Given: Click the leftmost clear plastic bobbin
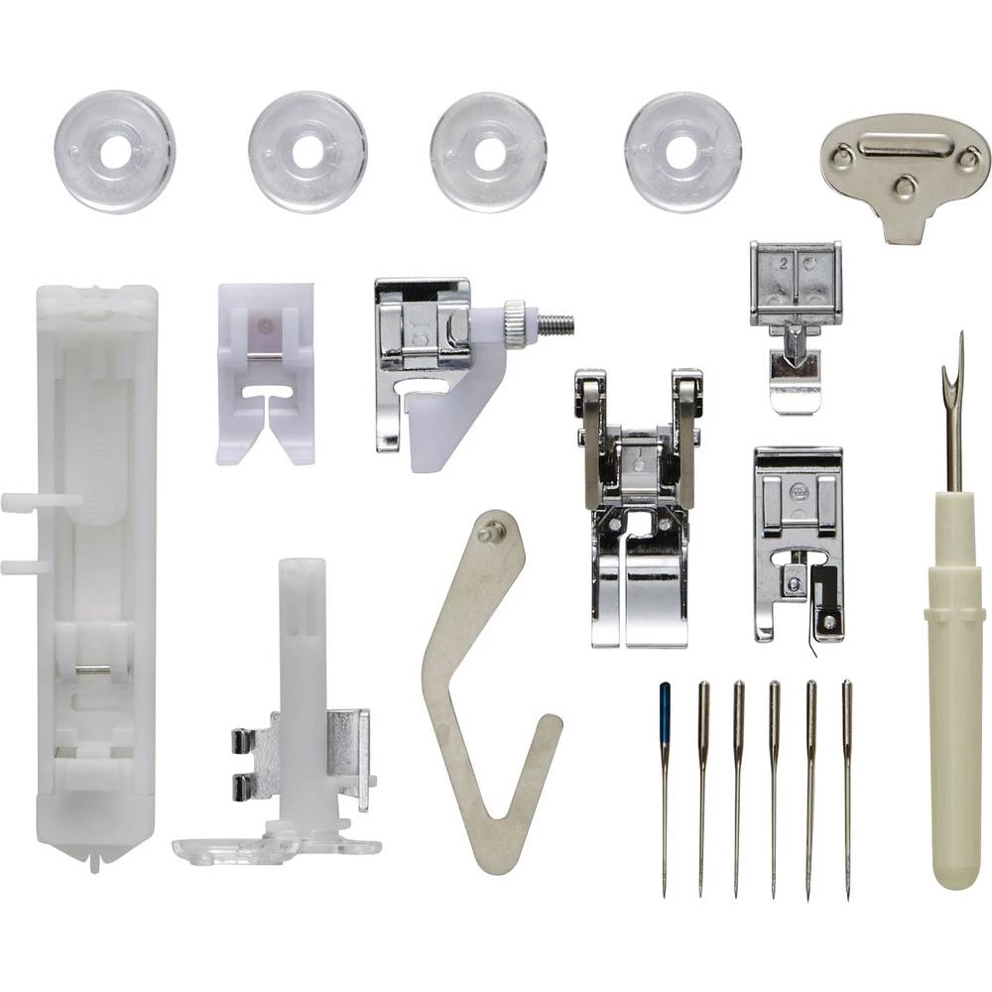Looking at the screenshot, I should point(114,152).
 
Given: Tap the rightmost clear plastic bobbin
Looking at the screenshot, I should point(682,152).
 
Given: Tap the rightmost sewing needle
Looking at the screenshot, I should point(847,784).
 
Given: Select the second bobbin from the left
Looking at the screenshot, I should point(308,152).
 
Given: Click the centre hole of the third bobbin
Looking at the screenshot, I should point(488,152).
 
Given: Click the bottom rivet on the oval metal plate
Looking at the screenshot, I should point(904,185).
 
